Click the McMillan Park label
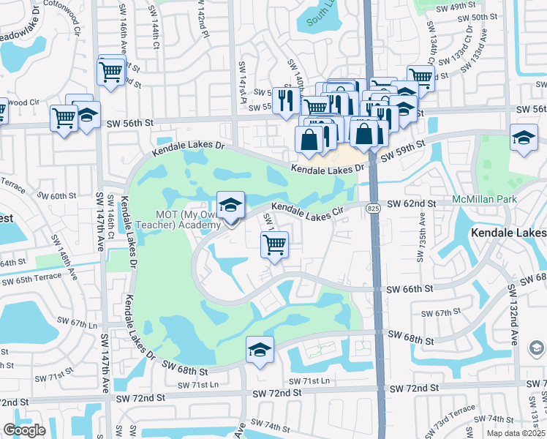coord(485,199)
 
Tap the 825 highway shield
coord(374,209)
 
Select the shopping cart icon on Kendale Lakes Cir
coord(275,247)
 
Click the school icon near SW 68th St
coord(260,350)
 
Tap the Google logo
coord(24,430)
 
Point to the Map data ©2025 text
coord(516,433)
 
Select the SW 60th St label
coord(56,196)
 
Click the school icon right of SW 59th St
coord(524,138)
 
